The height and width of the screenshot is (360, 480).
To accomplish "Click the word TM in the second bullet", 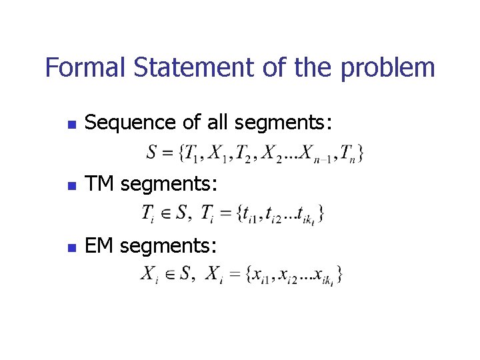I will (101, 185).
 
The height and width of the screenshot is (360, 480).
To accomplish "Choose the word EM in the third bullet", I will (100, 246).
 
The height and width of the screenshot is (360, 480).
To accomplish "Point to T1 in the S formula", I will (192, 154).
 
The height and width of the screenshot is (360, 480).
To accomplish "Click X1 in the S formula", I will (217, 154).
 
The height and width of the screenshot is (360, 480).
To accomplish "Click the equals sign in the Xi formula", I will (234, 274).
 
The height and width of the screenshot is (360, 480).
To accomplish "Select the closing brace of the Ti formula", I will (321, 214).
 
